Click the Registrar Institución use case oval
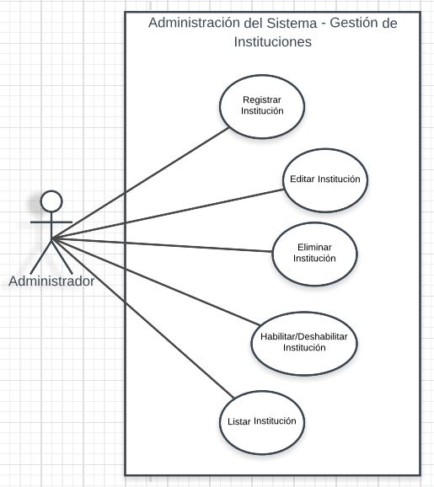coord(262,106)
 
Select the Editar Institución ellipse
coord(325,180)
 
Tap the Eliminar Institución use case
coord(314,254)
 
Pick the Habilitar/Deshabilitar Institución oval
coord(304,344)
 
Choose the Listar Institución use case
coord(262,423)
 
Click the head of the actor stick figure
coord(51,201)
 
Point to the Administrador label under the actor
coord(51,281)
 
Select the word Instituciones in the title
coord(273,41)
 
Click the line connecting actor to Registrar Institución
coord(140,184)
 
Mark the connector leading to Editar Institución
coord(168,214)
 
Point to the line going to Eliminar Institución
coord(162,245)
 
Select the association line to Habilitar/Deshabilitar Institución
coord(156,281)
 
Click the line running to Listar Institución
coord(142,318)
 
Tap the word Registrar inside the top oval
coord(262,100)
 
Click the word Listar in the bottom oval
coord(238,421)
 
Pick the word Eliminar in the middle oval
coord(314,247)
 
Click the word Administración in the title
coord(194,23)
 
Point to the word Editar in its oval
coord(303,179)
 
